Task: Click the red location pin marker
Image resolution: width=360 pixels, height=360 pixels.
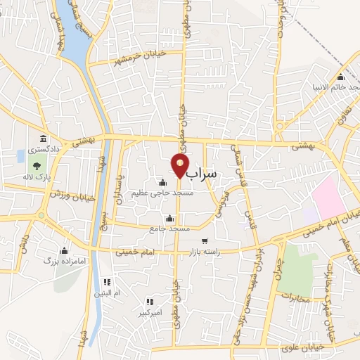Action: pos(180,165)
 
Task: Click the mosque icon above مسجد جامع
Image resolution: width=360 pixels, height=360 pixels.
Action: pos(169,219)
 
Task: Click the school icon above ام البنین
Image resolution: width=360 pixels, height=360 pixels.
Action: pos(106,281)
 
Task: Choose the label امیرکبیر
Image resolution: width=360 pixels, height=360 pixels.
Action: pos(149,311)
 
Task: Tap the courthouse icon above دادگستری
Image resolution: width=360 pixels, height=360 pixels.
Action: pos(43,139)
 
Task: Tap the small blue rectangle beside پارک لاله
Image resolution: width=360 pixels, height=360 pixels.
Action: pos(19,155)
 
